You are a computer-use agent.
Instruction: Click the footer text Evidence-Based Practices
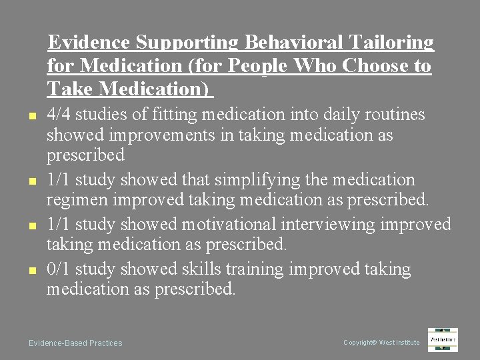(75, 343)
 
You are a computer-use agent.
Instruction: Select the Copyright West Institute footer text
(381, 343)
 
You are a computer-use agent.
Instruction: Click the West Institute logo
(443, 339)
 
